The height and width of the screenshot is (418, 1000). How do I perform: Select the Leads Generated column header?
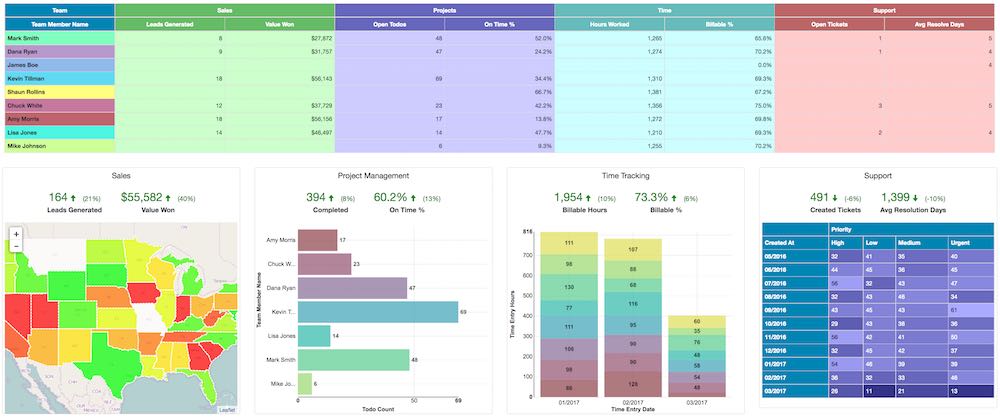pyautogui.click(x=169, y=22)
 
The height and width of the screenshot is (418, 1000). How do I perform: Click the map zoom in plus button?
pyautogui.click(x=16, y=233)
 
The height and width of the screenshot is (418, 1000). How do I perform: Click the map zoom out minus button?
pyautogui.click(x=16, y=246)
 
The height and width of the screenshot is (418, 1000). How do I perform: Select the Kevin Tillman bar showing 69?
pyautogui.click(x=378, y=312)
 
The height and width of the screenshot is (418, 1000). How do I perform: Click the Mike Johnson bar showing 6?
pyautogui.click(x=304, y=383)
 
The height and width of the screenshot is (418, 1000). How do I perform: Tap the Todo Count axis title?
pyautogui.click(x=374, y=410)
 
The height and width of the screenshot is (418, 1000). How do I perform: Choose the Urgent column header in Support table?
pyautogui.click(x=966, y=242)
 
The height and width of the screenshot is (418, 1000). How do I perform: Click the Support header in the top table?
pyautogui.click(x=884, y=8)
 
